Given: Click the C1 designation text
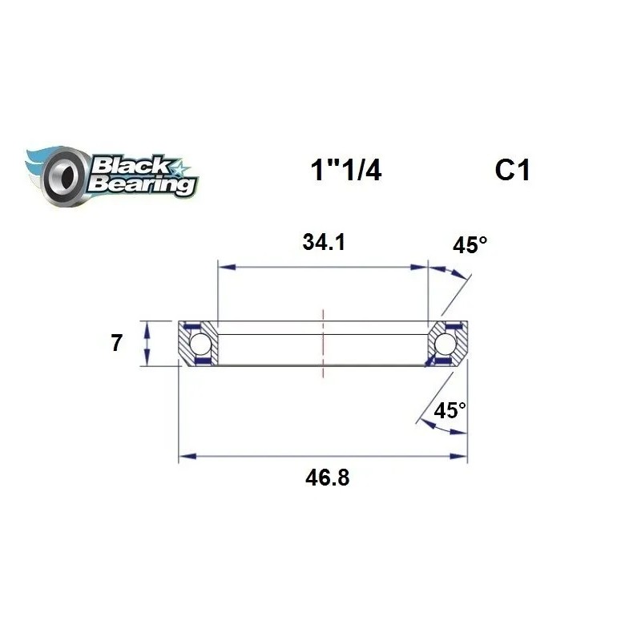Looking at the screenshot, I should coord(512,171).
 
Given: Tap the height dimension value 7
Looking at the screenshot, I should coord(116,344).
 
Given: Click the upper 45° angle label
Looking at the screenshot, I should coord(470,245).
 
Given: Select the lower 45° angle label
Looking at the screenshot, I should coord(450,411).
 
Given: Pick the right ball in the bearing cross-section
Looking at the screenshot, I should coord(445,345).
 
